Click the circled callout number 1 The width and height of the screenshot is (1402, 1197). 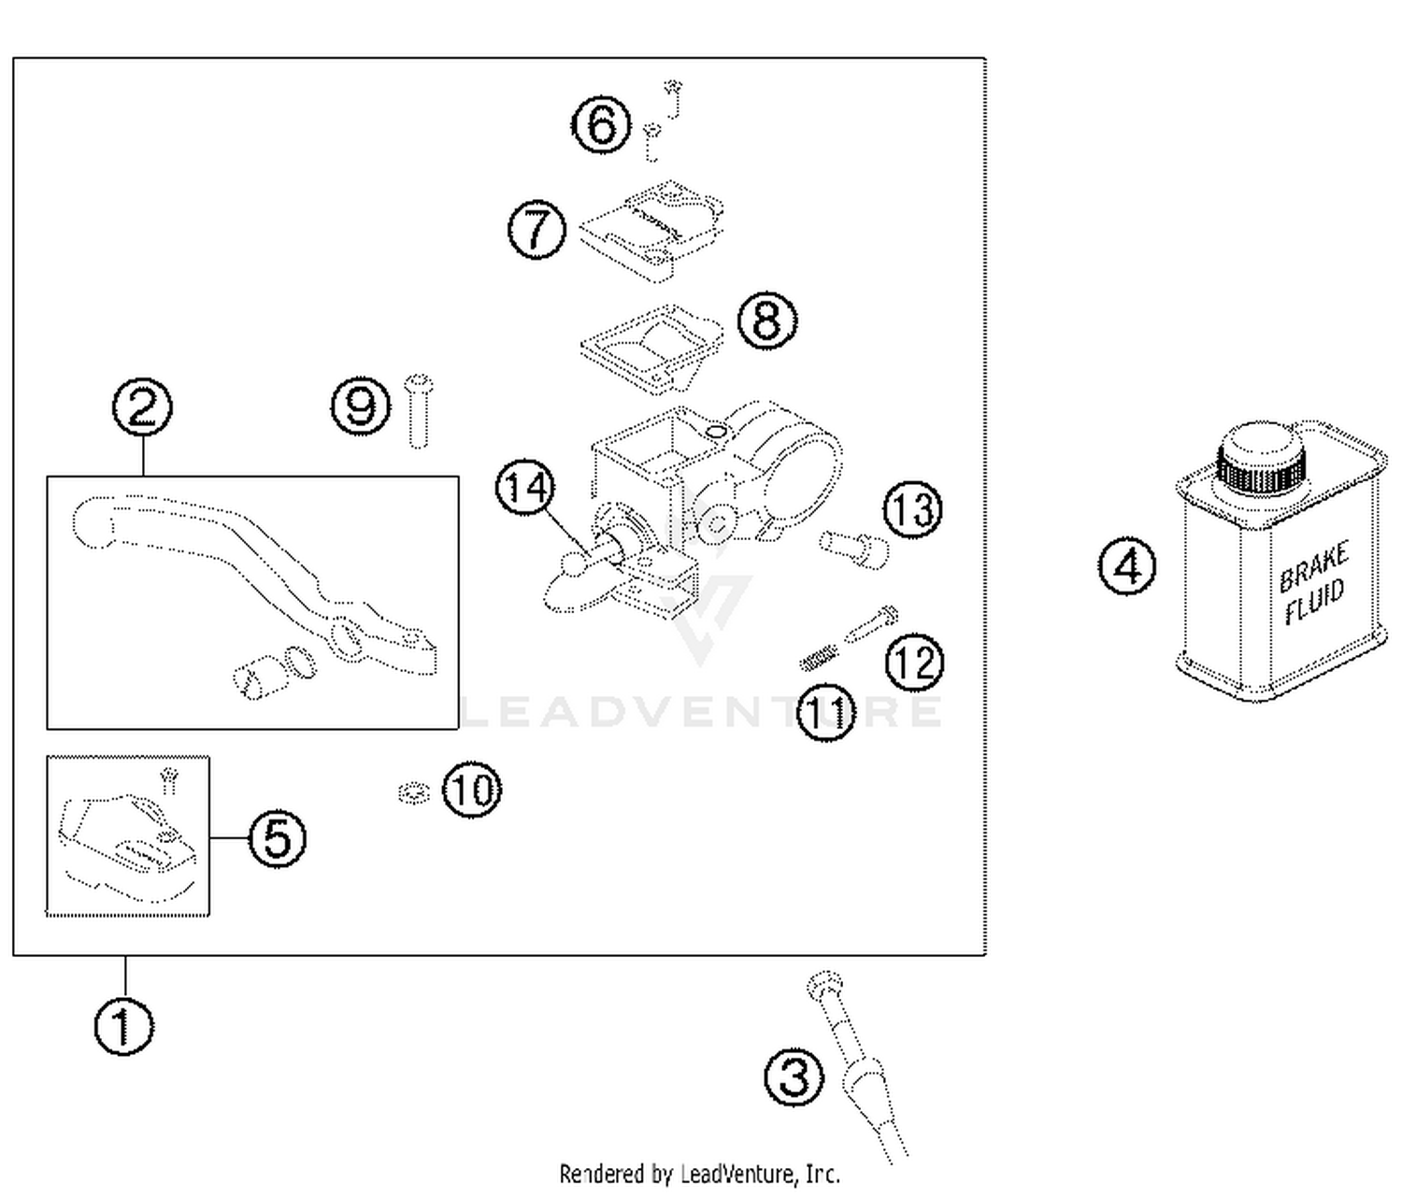123,1027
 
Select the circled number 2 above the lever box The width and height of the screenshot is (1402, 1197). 142,407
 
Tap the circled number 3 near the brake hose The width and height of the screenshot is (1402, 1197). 794,1076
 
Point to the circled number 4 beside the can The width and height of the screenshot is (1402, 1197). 1127,567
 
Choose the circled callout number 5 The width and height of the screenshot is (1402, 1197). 277,837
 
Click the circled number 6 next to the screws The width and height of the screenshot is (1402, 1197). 600,125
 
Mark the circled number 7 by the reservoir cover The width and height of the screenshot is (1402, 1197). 536,230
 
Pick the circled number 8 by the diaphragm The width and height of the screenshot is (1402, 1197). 767,321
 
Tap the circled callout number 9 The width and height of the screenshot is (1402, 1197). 361,406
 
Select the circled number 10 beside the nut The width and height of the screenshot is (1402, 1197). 471,791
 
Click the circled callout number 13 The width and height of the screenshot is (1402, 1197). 913,510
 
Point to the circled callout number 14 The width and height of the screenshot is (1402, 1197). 525,488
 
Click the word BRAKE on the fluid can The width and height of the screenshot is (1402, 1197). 1313,565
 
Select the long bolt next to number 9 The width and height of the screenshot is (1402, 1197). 418,411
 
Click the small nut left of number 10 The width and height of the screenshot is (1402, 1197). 412,793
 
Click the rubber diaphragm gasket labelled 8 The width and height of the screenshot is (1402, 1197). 651,346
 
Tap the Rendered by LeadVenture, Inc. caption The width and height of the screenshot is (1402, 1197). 699,1174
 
